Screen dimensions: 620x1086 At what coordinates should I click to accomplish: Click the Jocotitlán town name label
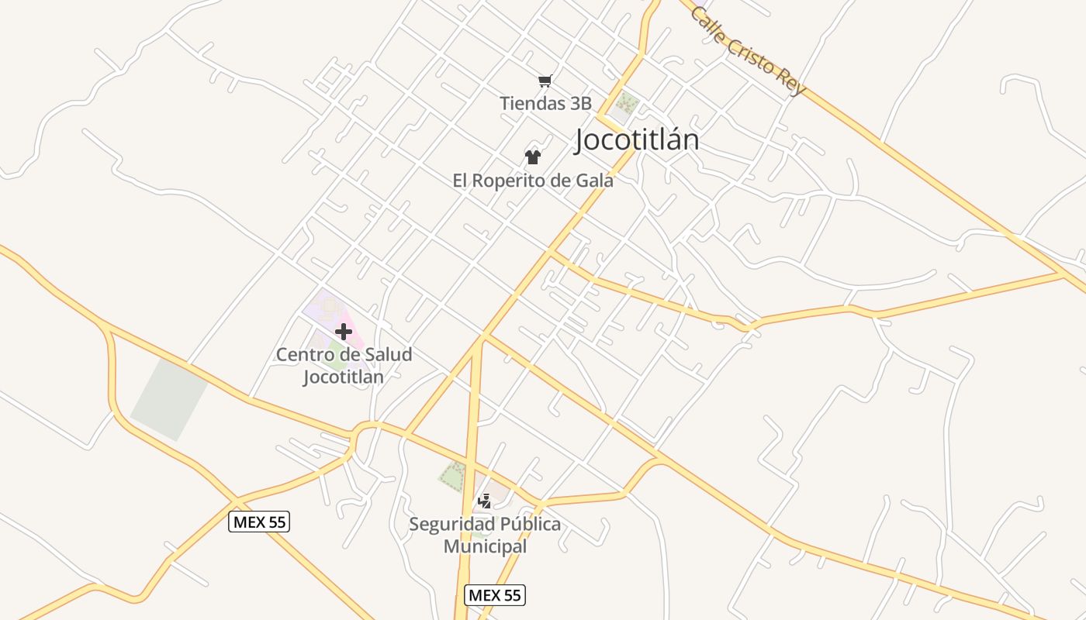(x=637, y=139)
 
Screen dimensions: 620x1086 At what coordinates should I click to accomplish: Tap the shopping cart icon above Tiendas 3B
(x=545, y=81)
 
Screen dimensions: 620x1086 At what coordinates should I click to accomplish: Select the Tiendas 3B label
(x=545, y=103)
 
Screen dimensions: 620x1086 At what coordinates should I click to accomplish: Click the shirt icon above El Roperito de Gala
(x=532, y=157)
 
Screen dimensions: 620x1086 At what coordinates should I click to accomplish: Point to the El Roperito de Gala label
(x=533, y=181)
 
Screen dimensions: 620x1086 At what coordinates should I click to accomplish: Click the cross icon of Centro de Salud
(x=343, y=332)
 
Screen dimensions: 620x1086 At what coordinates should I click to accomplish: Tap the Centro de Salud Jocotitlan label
(x=344, y=366)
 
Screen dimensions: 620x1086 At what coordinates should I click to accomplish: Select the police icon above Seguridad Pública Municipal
(x=485, y=501)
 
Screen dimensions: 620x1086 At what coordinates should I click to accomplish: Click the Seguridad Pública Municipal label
(x=485, y=535)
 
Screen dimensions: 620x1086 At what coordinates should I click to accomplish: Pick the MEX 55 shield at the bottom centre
(x=495, y=595)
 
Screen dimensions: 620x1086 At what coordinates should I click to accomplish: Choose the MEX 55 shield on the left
(x=260, y=522)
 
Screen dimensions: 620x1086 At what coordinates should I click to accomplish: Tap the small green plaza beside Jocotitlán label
(x=625, y=103)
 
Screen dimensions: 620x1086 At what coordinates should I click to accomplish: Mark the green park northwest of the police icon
(x=453, y=475)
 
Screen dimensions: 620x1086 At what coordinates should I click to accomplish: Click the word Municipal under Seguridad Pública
(x=485, y=546)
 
